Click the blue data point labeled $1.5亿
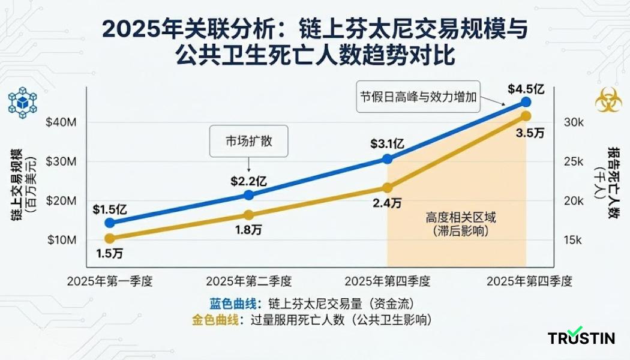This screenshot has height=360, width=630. [109, 223]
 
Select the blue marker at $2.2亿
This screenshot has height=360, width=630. [249, 195]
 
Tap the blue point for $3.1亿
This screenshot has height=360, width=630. [388, 159]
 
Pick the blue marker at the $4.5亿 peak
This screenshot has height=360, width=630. [526, 102]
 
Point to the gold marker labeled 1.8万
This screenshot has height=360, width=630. [249, 215]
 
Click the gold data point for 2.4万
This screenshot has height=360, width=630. [388, 188]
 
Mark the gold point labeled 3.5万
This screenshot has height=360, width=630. [526, 116]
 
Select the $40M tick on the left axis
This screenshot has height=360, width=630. [60, 122]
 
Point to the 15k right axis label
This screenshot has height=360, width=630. [574, 240]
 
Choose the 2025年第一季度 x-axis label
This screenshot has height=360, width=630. [110, 280]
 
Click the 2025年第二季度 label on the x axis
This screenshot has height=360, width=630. [249, 280]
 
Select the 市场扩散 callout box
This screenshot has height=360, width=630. [248, 142]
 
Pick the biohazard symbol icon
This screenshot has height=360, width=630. [608, 100]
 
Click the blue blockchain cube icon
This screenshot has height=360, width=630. [22, 102]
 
